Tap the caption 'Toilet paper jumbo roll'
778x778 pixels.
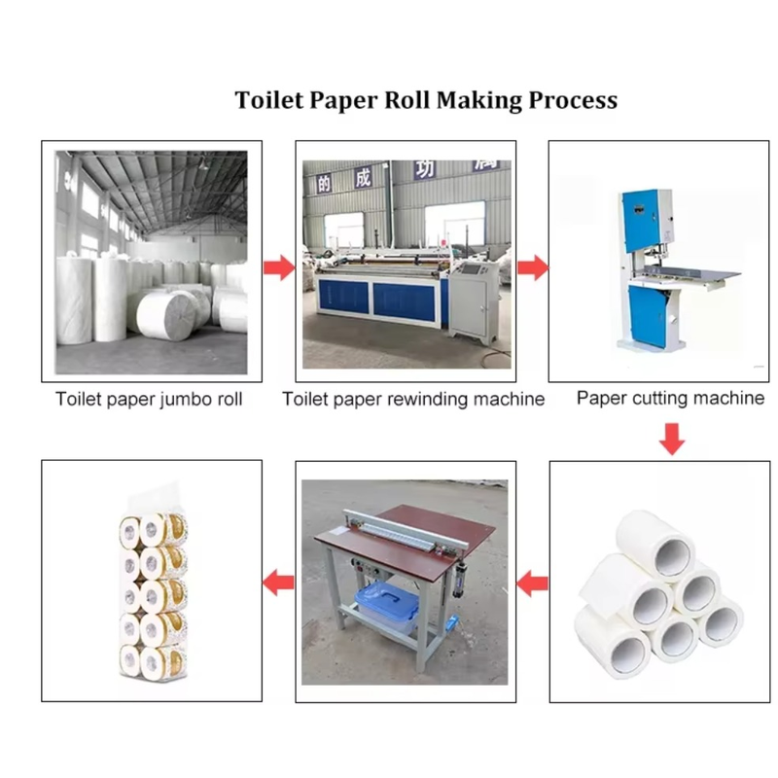coord(149,399)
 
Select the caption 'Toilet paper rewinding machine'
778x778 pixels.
coord(413,399)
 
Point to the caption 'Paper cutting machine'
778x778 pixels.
coord(670,398)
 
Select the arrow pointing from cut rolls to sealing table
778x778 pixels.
coord(532,583)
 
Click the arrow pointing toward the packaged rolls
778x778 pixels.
coord(279,583)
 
